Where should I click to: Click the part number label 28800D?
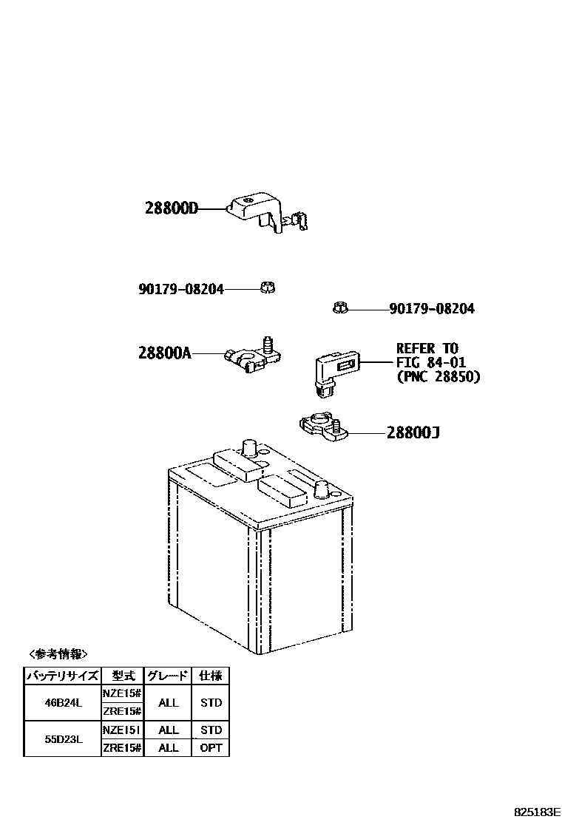pyautogui.click(x=172, y=209)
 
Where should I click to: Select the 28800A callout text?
pyautogui.click(x=164, y=353)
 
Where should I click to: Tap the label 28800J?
pyautogui.click(x=413, y=432)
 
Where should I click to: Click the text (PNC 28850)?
pyautogui.click(x=438, y=377)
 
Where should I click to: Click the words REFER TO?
pyautogui.click(x=427, y=348)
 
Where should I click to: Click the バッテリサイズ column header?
pyautogui.click(x=62, y=676)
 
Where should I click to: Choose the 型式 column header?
pyautogui.click(x=122, y=676)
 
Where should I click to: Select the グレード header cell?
pyautogui.click(x=169, y=676)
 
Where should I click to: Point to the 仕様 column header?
pyautogui.click(x=211, y=676)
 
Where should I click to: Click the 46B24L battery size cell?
pyautogui.click(x=62, y=703)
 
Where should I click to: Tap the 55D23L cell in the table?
pyautogui.click(x=62, y=738)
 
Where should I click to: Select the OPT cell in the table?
pyautogui.click(x=211, y=748)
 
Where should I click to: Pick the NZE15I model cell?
pyautogui.click(x=122, y=730)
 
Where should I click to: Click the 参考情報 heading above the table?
pyautogui.click(x=58, y=654)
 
